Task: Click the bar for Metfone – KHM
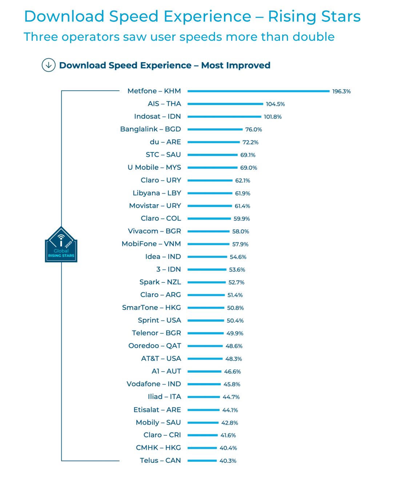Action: tap(258, 91)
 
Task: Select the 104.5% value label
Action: tap(275, 104)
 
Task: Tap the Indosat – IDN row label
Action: tap(157, 116)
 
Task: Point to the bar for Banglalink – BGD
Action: tap(215, 129)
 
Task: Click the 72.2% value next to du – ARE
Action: tap(250, 142)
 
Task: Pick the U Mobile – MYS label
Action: tap(154, 168)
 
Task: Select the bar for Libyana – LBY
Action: tap(210, 193)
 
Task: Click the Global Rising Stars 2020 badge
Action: tap(61, 245)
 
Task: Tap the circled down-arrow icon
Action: tap(48, 65)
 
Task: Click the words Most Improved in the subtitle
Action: tap(236, 65)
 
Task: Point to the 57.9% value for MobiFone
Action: tap(240, 244)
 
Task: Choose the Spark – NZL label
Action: tap(160, 282)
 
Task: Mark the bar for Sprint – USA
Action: tap(206, 321)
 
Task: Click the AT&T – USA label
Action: tap(161, 359)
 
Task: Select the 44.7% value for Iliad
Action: tap(231, 397)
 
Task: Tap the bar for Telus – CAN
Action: tap(202, 461)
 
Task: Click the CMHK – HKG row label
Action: tap(158, 448)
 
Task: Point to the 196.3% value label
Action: tap(341, 92)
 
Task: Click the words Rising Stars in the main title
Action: tap(314, 17)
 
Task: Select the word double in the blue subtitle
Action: tap(313, 37)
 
